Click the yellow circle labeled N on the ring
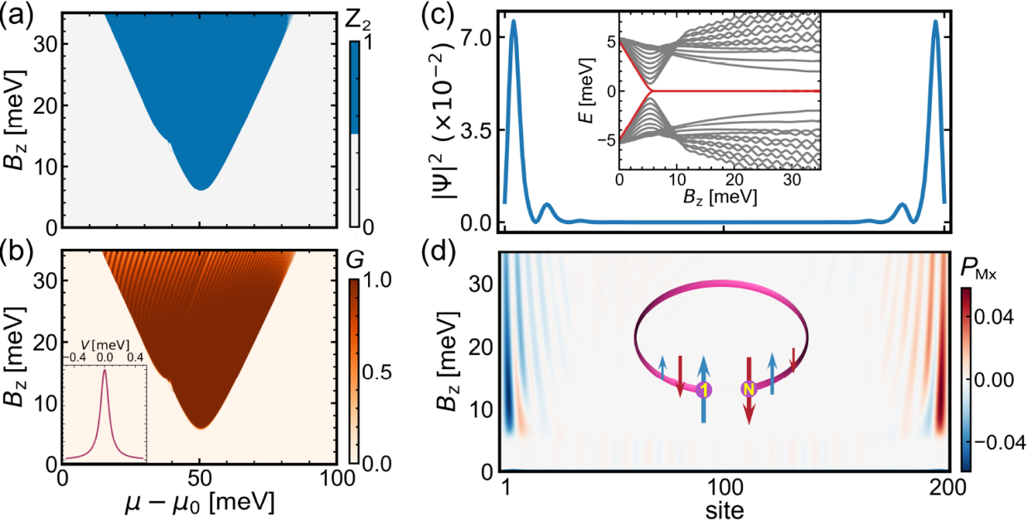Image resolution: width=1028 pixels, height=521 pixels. point(749,387)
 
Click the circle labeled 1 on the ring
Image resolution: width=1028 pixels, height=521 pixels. point(704,389)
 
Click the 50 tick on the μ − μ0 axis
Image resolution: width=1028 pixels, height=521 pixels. point(199,480)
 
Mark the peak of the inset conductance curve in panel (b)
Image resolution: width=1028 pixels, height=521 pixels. point(104,370)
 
